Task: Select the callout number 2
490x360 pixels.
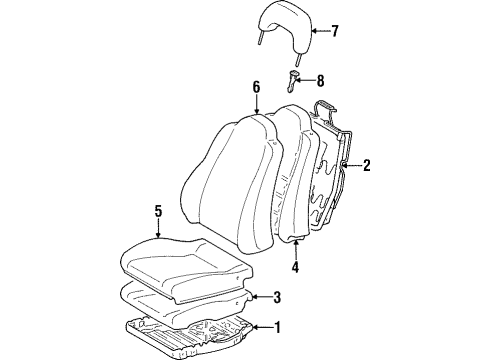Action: point(366,166)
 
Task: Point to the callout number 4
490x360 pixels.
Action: point(295,267)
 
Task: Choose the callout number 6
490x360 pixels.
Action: point(256,88)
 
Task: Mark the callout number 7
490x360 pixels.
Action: point(334,31)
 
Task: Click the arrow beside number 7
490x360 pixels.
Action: point(319,31)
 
